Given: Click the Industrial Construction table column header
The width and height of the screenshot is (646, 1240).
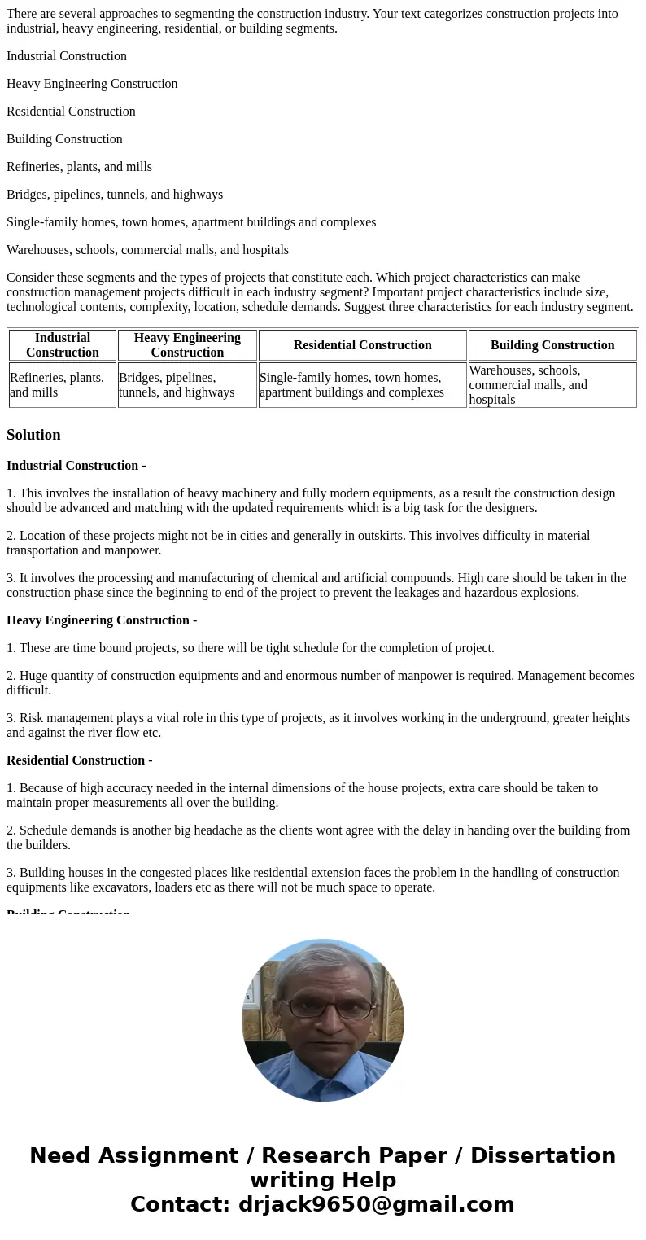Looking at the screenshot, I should [x=63, y=344].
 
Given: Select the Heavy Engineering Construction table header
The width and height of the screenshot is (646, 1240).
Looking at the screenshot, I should [x=187, y=344].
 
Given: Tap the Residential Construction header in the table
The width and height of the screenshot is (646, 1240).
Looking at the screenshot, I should [x=362, y=344].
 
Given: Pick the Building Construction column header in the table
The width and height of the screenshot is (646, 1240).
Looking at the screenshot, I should [x=552, y=344].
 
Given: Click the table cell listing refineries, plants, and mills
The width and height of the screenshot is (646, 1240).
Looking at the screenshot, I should [x=63, y=384].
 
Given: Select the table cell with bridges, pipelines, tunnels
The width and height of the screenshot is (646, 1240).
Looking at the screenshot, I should [x=187, y=384].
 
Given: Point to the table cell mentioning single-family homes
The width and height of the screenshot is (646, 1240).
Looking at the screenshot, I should [x=362, y=384].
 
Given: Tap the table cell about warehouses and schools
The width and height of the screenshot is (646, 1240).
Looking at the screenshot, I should [x=552, y=384].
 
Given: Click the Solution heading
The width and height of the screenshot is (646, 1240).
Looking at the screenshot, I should [x=33, y=435].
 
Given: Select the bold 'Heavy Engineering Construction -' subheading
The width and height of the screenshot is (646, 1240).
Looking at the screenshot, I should [x=102, y=620].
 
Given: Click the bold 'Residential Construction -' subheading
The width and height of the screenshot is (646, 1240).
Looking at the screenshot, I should [x=80, y=760].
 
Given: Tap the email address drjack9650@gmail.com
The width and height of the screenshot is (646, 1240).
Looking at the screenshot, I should [x=376, y=1204].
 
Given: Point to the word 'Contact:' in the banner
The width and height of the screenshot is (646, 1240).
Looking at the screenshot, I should [x=181, y=1204].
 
